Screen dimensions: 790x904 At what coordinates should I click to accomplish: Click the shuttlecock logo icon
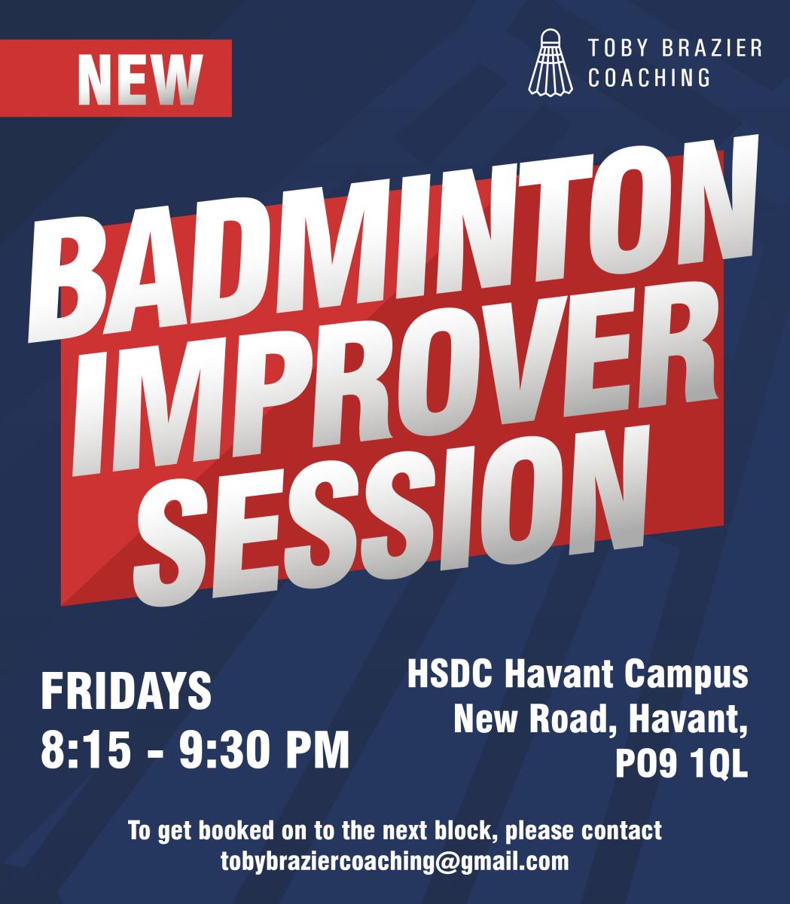coord(551,63)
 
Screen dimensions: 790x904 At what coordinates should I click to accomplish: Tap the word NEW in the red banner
coord(140,80)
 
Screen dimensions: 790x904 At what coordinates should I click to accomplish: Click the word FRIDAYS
coord(126,692)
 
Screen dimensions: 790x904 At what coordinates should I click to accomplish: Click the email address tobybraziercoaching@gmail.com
coord(395,863)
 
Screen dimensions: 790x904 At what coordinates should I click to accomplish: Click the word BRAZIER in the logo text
coord(712,48)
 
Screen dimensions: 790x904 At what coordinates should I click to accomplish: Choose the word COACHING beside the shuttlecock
coord(648,78)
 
